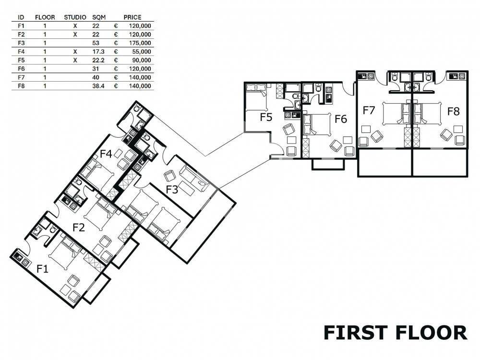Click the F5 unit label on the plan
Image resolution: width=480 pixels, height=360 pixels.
266,117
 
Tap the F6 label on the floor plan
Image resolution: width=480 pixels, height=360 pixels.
341,119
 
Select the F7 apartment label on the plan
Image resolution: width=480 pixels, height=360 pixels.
369,110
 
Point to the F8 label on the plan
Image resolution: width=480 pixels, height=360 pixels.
454,111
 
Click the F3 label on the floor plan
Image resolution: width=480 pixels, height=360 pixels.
172,190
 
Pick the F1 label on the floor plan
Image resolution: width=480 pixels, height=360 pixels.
42,269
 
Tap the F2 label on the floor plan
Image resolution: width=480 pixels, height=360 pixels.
78,228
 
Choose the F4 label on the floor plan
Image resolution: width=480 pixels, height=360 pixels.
106,154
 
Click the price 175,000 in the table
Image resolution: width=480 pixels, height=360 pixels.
140,43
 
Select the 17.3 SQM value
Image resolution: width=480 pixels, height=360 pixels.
98,52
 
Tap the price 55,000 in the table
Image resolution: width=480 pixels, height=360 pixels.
142,52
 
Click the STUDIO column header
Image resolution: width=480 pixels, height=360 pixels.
75,17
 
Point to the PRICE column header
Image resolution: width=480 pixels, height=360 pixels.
132,17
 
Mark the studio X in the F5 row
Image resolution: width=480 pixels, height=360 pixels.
75,60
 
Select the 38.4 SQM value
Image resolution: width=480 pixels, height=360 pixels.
98,86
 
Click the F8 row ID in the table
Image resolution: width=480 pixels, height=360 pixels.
21,86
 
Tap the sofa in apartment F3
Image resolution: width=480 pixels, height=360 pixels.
194,179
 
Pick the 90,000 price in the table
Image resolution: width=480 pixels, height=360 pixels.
142,60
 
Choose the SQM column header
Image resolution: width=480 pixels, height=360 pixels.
99,17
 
